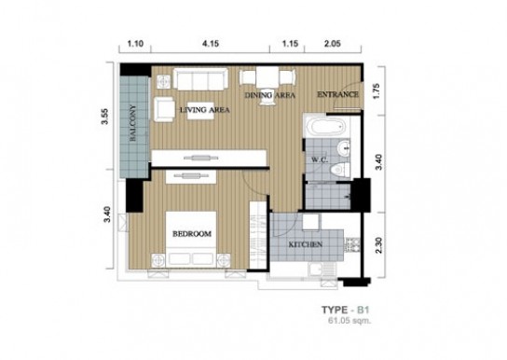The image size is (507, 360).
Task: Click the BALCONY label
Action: coord(133,123)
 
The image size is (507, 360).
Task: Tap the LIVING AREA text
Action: coord(205,110)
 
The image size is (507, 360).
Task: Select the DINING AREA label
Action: coord(269,95)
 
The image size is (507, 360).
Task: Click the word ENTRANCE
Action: coord(337,94)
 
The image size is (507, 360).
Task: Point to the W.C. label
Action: coord(320,159)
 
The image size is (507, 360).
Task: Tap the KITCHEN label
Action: coord(306,244)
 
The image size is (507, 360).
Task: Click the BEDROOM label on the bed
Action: coord(192,233)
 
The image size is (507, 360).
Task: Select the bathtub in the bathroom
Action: coord(327,127)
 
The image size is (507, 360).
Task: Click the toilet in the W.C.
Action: coord(339,169)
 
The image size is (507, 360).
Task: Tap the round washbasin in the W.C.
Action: coord(343,148)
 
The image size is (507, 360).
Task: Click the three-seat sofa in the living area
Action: coord(200,78)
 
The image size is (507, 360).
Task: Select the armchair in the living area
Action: coord(164,109)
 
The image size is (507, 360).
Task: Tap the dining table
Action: coord(267,77)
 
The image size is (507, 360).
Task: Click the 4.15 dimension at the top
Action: coord(211,43)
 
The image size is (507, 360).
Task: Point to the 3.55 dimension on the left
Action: coord(105,117)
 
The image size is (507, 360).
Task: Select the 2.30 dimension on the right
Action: coord(379,245)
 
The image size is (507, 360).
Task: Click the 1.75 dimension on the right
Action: coord(377,91)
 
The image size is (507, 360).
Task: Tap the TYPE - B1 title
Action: coord(345,310)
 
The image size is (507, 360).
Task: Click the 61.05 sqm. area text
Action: coord(349,321)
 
